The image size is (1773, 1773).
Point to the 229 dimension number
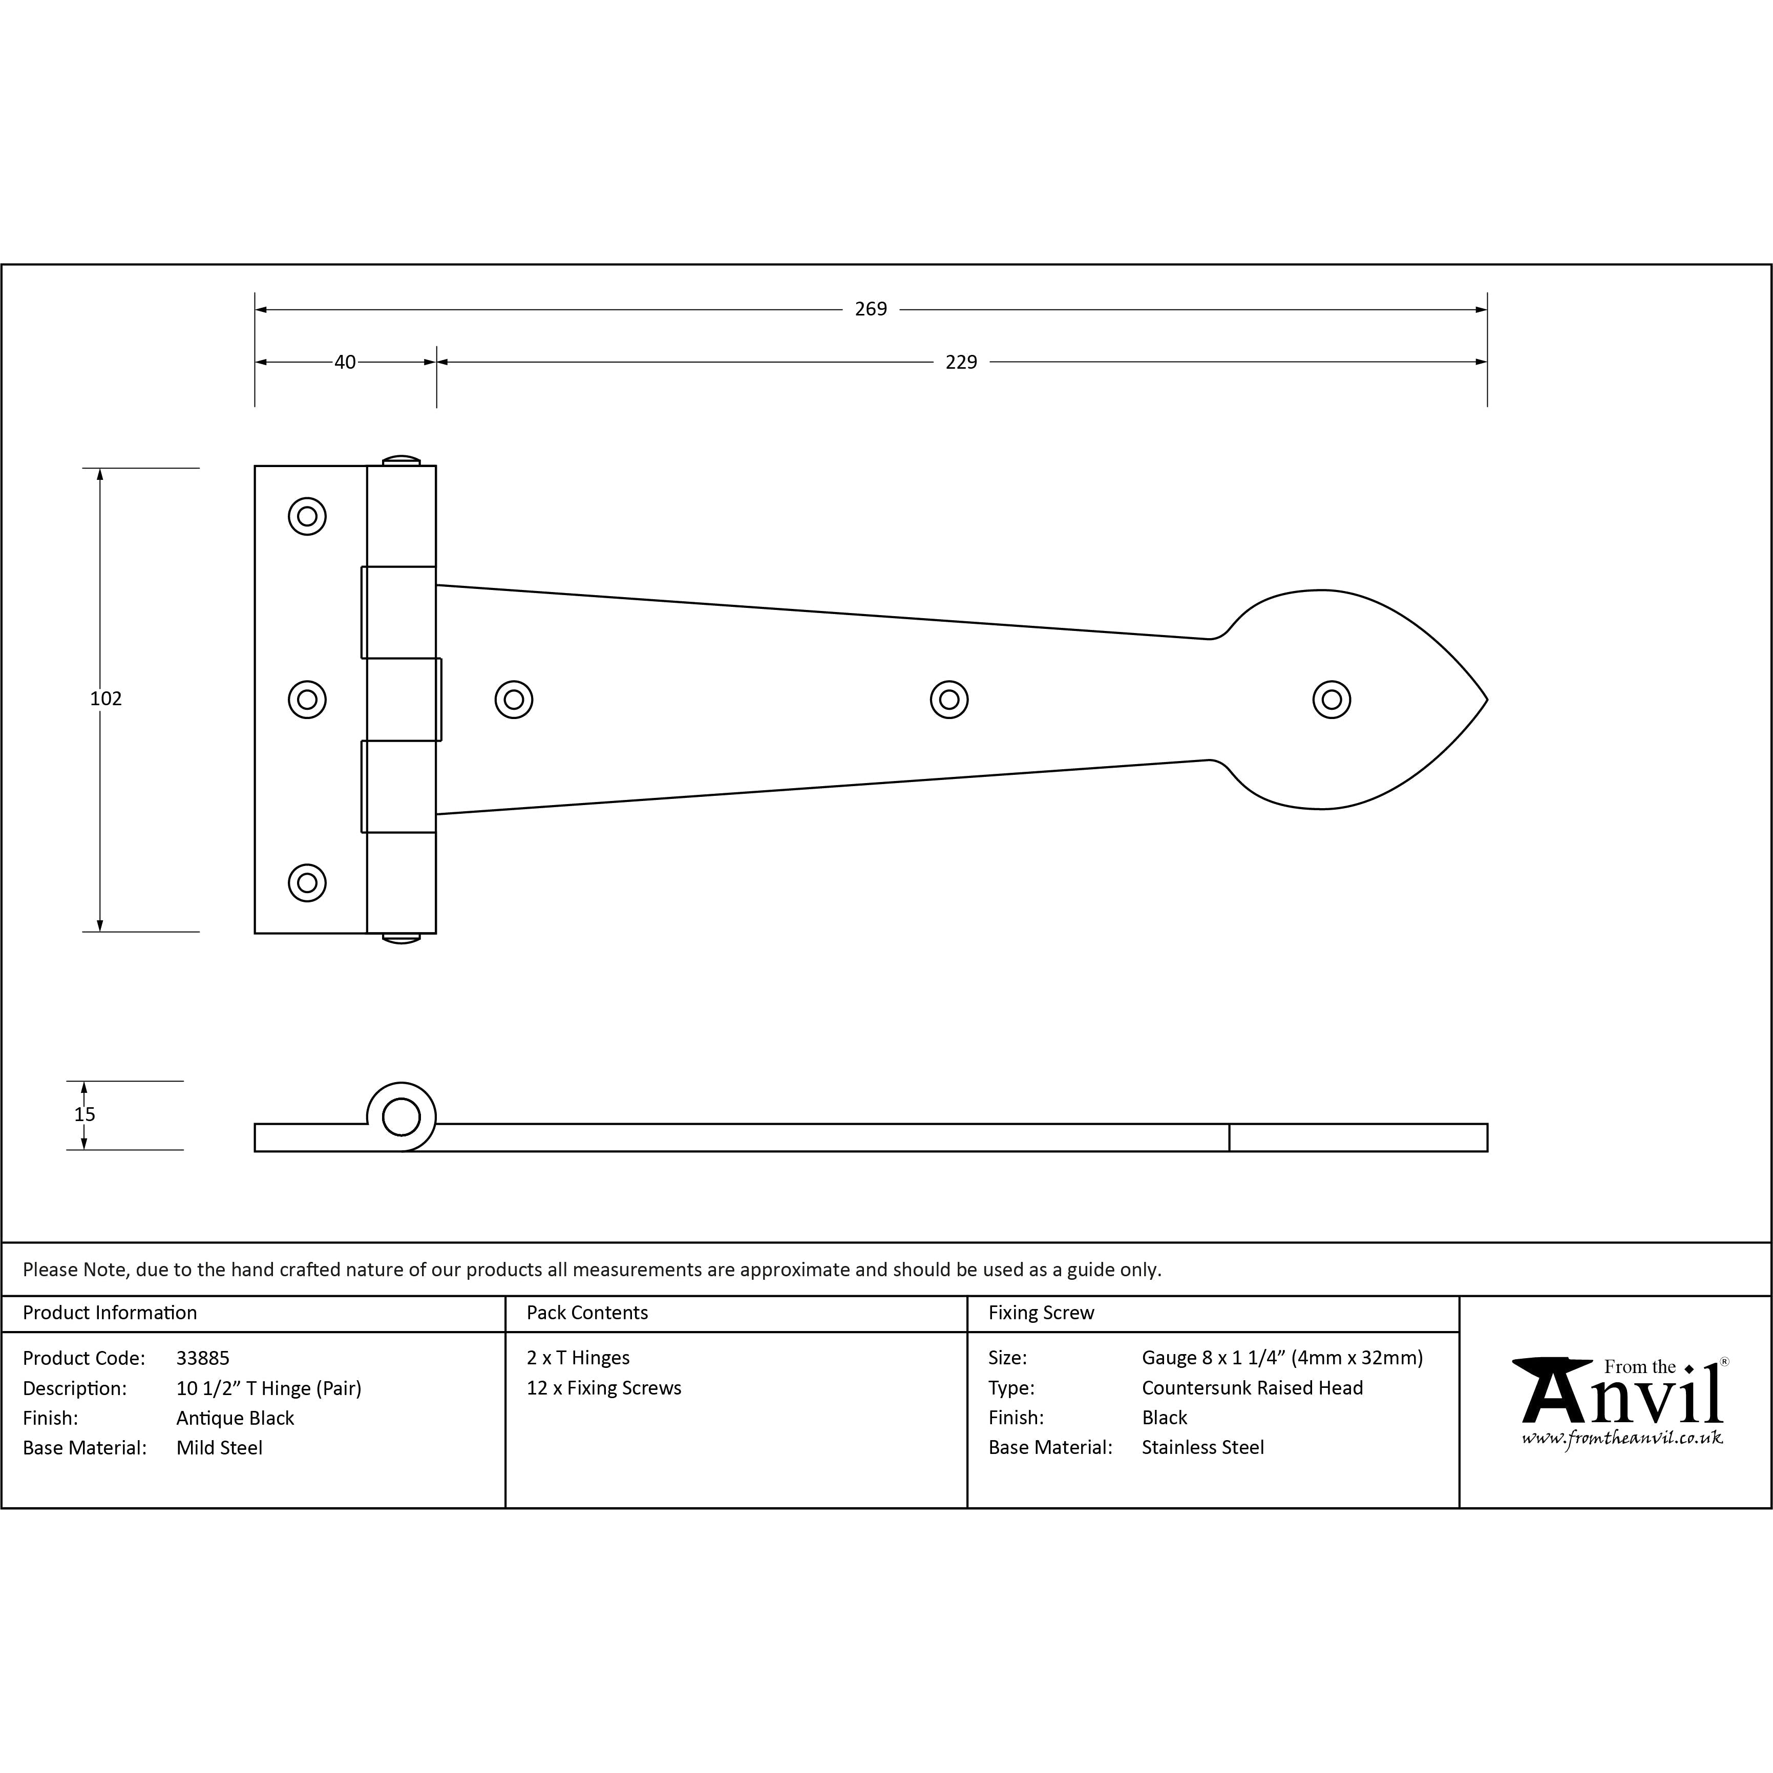(x=961, y=363)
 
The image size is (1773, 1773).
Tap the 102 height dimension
(x=105, y=699)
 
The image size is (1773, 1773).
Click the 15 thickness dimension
(x=85, y=1114)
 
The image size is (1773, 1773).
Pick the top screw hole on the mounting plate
(x=307, y=516)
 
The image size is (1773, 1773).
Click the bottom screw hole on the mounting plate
(x=307, y=883)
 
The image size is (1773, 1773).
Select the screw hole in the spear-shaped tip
(x=1332, y=699)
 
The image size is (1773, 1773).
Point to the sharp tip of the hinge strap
(x=1487, y=700)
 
